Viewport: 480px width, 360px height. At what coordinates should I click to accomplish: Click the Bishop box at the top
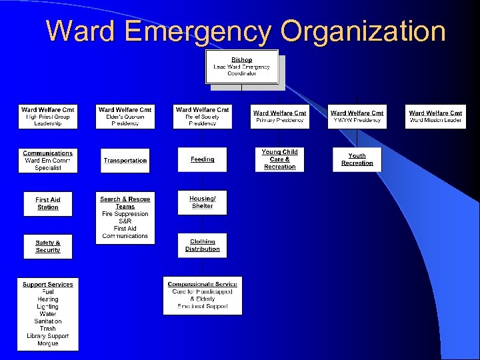point(241,67)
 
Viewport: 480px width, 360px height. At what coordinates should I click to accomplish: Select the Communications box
point(48,161)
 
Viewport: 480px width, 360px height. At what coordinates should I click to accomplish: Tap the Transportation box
point(125,161)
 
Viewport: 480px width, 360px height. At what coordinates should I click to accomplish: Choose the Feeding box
point(202,159)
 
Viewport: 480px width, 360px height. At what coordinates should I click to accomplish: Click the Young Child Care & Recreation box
point(279,159)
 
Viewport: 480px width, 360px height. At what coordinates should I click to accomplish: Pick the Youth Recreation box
point(357,159)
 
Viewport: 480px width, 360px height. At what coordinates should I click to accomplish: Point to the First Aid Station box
point(48,203)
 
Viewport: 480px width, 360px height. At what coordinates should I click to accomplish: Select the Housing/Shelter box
point(202,202)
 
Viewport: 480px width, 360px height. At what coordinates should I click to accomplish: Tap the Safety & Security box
point(48,246)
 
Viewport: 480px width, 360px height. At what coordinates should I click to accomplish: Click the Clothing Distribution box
point(202,245)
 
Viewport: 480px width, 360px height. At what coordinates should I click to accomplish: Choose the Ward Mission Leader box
point(435,117)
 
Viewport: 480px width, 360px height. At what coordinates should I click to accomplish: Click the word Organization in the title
point(363,31)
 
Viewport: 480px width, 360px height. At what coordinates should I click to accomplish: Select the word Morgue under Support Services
point(48,343)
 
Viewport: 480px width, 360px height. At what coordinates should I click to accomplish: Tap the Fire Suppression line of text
point(125,214)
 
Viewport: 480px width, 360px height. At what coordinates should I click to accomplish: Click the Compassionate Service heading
point(202,284)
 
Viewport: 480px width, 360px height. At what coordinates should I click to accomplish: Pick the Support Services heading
point(48,285)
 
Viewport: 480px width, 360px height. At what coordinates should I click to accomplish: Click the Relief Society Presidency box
point(202,117)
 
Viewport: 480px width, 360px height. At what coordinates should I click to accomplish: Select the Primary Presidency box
point(279,117)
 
